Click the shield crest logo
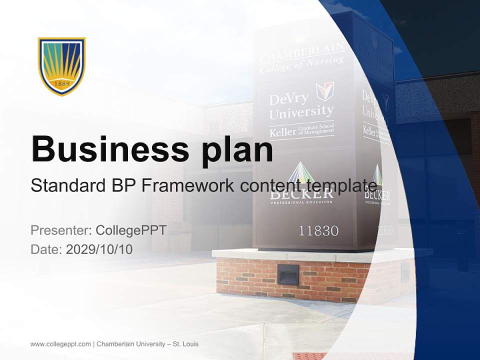coord(62,65)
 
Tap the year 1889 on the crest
coord(62,83)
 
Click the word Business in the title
coord(109,149)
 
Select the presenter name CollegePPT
coord(131,230)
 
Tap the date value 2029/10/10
coord(99,249)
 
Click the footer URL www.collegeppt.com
coord(60,344)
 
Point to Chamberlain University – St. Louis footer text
coord(147,344)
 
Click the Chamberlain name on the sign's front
coord(301,51)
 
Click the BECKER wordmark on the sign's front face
coord(301,193)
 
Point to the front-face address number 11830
coord(318,230)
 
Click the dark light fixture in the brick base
coord(288,274)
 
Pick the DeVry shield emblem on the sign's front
coord(325,91)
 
